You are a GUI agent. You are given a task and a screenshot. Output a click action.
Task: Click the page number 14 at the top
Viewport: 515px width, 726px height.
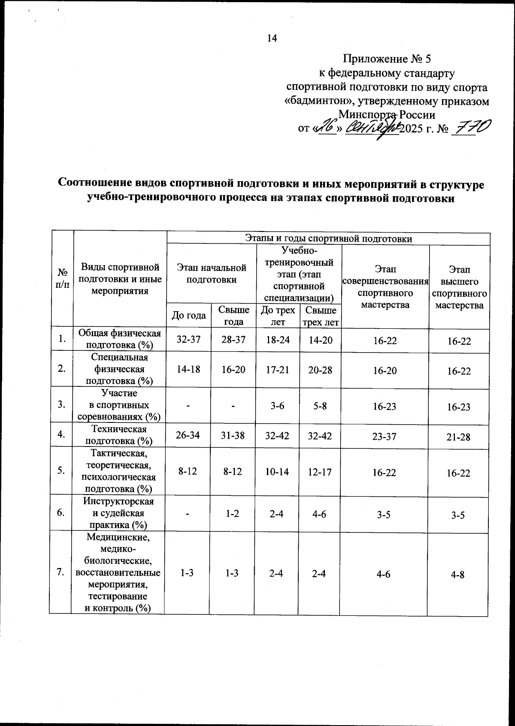tap(272, 39)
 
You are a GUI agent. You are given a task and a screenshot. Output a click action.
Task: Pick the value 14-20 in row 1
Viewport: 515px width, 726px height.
tap(321, 340)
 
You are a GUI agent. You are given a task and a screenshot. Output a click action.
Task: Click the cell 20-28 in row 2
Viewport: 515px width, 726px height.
tap(321, 370)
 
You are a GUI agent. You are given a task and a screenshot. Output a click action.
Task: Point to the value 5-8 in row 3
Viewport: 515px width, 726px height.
tap(321, 406)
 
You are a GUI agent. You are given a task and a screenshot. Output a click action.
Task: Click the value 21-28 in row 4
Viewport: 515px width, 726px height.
tap(459, 437)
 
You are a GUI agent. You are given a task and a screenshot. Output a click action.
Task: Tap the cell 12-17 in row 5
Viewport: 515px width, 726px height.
tap(321, 472)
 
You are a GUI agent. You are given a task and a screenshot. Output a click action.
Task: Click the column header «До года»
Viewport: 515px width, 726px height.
tap(189, 316)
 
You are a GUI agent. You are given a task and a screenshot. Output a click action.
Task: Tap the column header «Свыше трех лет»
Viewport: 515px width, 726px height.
tap(321, 316)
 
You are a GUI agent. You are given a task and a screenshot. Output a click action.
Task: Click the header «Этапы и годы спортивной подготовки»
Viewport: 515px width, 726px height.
tap(328, 238)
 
